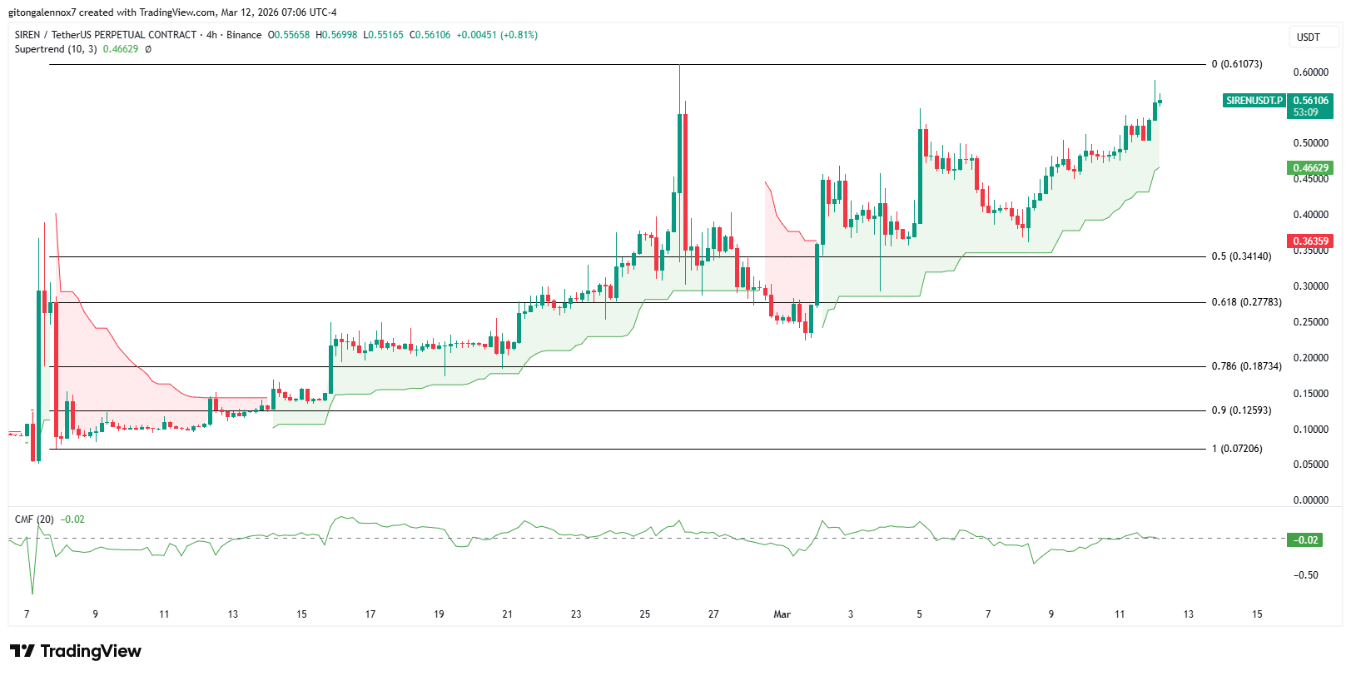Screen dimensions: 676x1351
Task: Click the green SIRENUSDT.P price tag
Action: tap(1254, 101)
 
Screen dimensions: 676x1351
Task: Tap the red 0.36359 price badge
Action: tap(1310, 241)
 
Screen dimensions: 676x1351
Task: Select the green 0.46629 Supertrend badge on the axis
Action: tap(1310, 168)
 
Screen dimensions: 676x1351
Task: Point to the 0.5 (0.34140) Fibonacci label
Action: tap(1241, 256)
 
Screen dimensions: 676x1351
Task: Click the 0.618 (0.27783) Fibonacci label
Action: tap(1246, 302)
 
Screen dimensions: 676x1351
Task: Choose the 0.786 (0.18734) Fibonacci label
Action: tap(1246, 366)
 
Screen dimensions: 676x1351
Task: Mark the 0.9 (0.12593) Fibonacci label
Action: tap(1241, 410)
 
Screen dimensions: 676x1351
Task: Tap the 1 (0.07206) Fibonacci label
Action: tap(1237, 449)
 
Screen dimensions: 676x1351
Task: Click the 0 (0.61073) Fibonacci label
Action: tap(1237, 64)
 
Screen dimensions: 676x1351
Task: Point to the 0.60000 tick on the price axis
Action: tap(1310, 72)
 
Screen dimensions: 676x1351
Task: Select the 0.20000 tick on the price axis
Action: tap(1310, 358)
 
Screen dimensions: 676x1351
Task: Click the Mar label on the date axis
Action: tap(782, 614)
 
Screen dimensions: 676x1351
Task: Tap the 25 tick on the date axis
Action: tap(644, 614)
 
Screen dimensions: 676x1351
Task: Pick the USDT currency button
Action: tap(1309, 37)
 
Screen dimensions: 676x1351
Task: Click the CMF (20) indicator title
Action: tap(34, 519)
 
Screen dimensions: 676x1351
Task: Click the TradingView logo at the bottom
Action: tap(76, 651)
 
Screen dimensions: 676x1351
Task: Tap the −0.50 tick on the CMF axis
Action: tap(1305, 575)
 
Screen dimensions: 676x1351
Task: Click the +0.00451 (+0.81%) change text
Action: tap(497, 35)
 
